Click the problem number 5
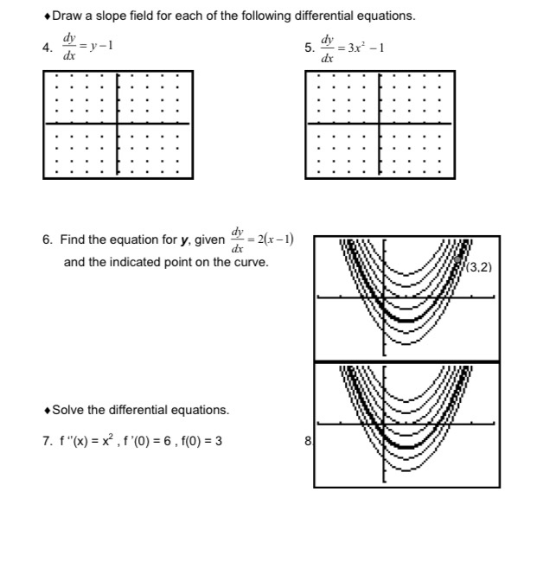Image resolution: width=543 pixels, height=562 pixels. click(x=310, y=48)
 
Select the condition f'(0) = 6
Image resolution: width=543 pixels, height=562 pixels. click(x=147, y=441)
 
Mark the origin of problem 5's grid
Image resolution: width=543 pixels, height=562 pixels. click(x=380, y=124)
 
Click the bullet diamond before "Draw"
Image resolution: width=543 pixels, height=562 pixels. click(x=46, y=16)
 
